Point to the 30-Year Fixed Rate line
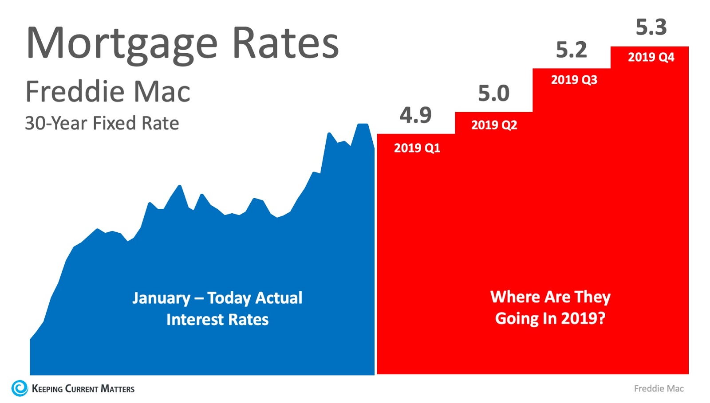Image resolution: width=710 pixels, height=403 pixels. point(102,123)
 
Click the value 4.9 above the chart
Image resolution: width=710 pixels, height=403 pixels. point(415,115)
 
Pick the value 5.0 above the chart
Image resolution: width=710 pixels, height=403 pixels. point(493,94)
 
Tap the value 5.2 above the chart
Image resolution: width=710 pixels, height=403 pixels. point(571,50)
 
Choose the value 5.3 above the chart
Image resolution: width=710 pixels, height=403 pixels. point(651,27)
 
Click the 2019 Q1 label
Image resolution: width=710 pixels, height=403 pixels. point(417,148)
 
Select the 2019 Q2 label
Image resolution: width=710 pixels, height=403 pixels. point(494,125)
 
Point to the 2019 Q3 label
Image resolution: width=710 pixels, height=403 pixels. point(574,80)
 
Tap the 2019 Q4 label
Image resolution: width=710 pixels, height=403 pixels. point(651,57)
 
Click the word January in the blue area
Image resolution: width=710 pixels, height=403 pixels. point(161,298)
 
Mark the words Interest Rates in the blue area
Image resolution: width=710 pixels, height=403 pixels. point(217,320)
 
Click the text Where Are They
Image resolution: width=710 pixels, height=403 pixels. point(550,297)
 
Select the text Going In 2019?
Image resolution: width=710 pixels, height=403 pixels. point(550,318)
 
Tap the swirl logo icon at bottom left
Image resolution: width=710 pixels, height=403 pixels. point(20,388)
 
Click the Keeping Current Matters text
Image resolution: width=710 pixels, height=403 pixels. point(83,389)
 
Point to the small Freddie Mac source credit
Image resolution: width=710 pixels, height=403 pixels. point(659,389)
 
